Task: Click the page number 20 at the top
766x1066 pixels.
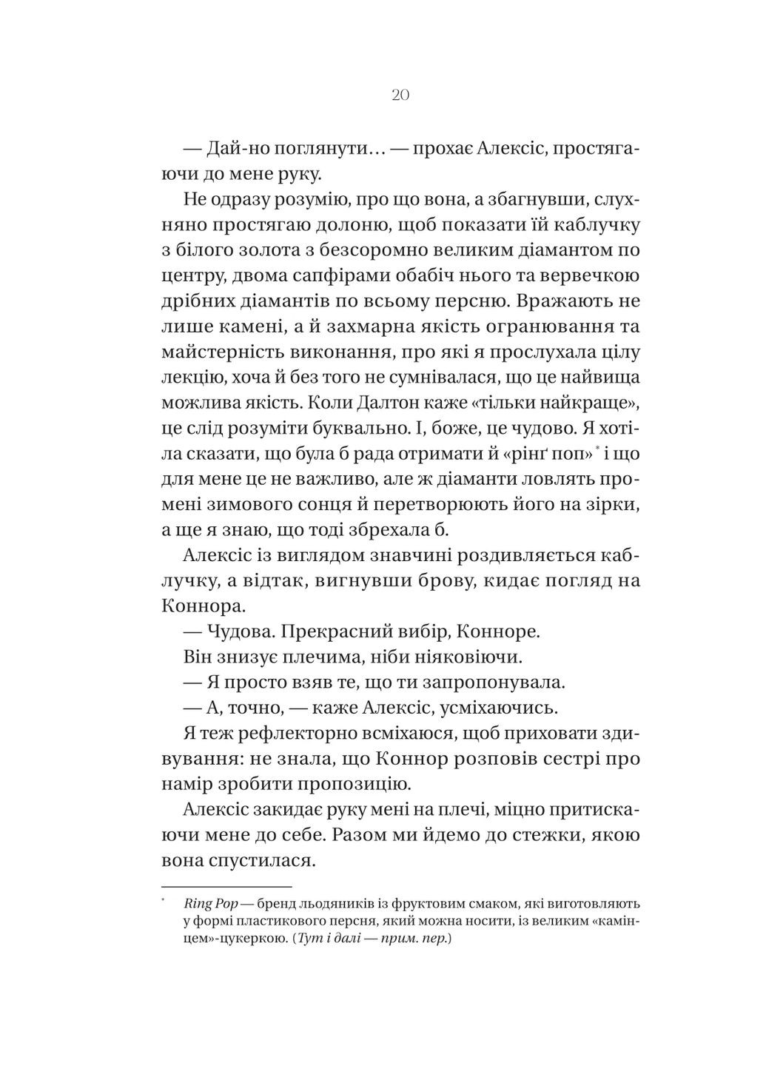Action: (399, 95)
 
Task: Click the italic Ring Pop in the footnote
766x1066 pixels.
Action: (207, 904)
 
